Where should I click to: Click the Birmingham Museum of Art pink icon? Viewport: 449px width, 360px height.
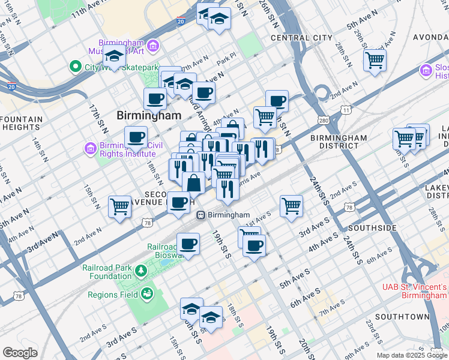[152, 46]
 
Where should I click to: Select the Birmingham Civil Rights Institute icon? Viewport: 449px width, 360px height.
[90, 148]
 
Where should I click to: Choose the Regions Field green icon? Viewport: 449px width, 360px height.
[146, 294]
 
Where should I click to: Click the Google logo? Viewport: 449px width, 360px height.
[19, 353]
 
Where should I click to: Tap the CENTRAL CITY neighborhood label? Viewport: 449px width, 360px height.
[301, 38]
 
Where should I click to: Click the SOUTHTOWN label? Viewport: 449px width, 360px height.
[402, 316]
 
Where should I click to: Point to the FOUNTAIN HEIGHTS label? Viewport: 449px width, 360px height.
[22, 123]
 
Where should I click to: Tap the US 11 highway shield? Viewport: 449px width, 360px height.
[345, 110]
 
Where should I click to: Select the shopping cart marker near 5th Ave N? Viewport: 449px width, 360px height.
[375, 59]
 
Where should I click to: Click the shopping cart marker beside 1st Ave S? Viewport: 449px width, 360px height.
[291, 206]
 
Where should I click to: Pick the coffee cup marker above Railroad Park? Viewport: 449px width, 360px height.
[188, 244]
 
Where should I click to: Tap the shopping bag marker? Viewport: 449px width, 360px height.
[193, 182]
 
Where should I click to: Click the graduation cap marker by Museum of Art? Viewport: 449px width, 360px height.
[114, 56]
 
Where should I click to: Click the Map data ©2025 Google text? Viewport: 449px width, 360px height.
[412, 355]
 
